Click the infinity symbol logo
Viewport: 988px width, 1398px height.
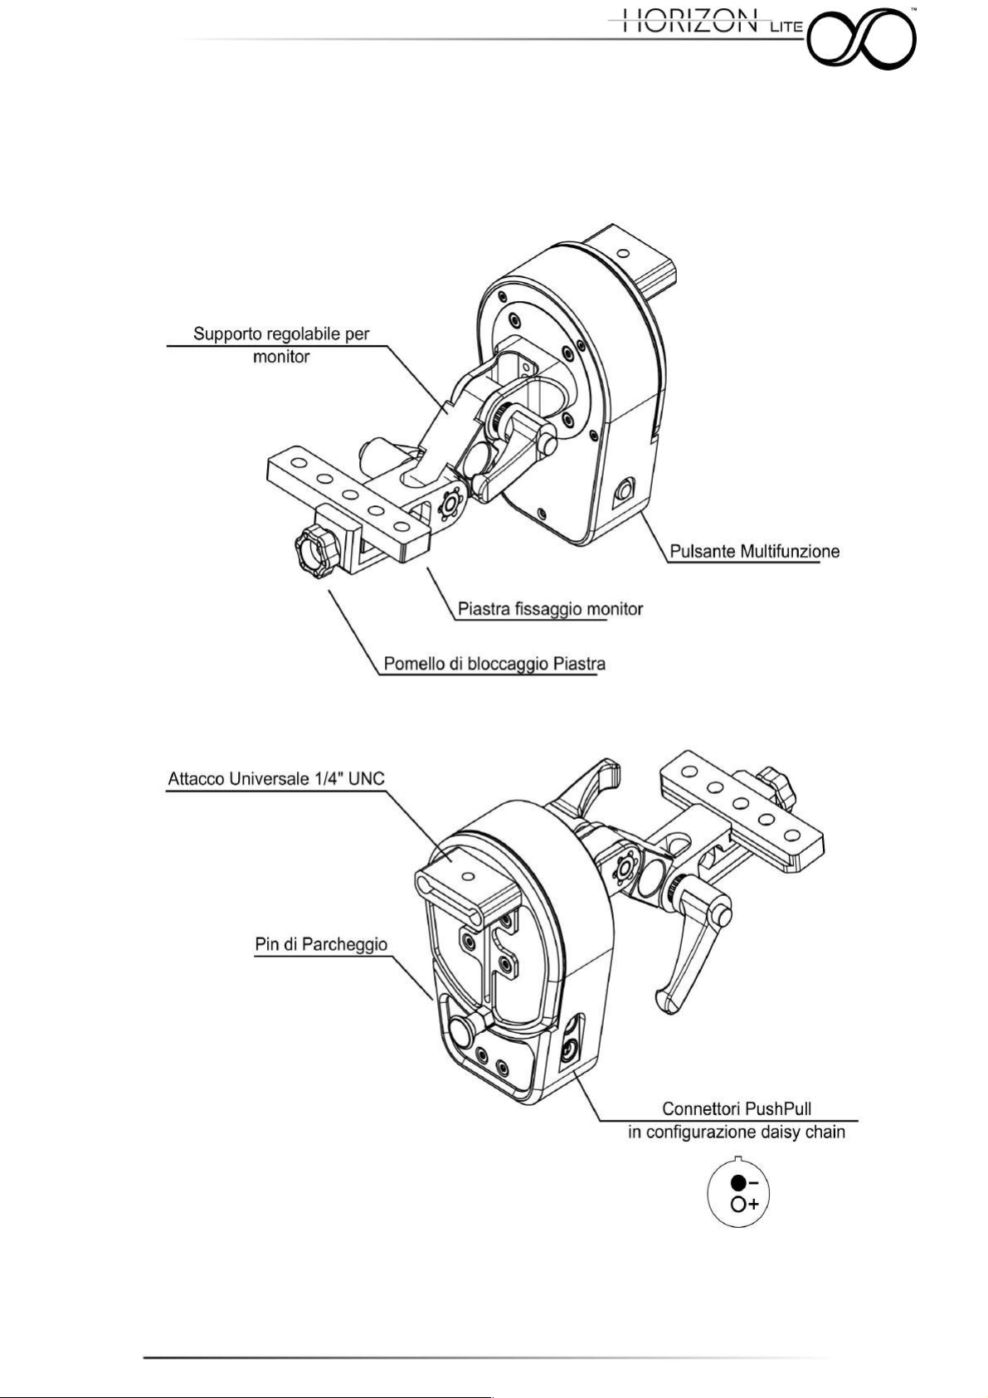point(864,39)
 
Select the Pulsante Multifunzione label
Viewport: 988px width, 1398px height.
point(755,551)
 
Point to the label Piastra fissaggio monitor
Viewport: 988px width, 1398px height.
point(550,608)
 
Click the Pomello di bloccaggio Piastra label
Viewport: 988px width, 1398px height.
point(494,664)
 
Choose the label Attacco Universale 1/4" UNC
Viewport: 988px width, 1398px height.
point(276,779)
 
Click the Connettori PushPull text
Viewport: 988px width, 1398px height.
point(737,1108)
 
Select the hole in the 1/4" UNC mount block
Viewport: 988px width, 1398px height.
point(463,875)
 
